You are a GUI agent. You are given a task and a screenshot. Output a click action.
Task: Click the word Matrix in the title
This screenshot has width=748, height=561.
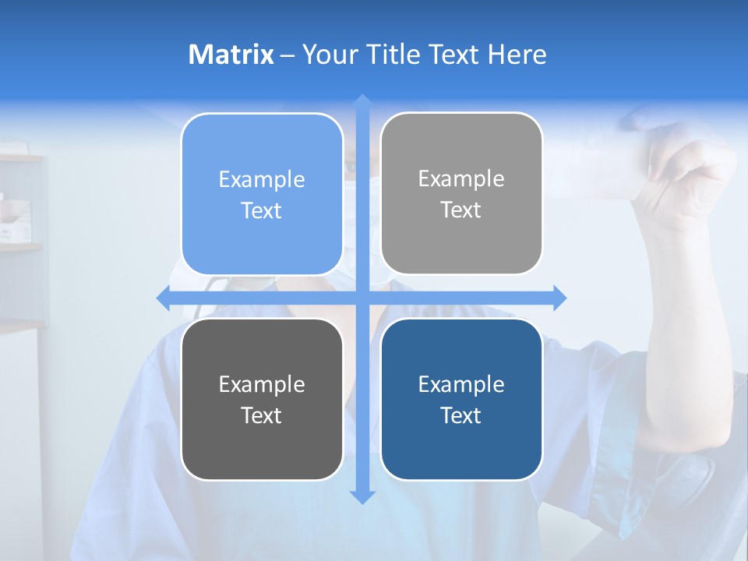coord(231,55)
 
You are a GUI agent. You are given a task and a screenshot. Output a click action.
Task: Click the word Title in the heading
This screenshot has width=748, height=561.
coord(391,55)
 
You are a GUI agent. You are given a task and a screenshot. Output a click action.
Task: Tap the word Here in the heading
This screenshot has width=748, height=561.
coord(517,55)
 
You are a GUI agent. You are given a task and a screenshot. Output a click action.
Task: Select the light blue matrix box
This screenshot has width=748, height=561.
coord(262,194)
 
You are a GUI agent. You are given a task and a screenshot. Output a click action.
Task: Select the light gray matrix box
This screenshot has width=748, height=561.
coord(461,193)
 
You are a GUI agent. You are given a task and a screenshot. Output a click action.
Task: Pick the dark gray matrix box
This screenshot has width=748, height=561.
coord(262,399)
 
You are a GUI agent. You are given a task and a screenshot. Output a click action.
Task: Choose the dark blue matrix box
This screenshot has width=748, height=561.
coord(461,399)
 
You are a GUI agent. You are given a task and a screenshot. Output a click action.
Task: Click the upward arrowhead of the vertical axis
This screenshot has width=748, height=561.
coord(362,102)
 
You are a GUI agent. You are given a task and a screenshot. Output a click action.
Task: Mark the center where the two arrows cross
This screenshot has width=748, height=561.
coord(362,298)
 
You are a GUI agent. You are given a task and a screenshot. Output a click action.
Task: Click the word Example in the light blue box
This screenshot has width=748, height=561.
coord(262,180)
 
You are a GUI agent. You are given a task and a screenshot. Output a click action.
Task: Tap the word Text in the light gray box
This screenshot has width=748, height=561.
coord(461,210)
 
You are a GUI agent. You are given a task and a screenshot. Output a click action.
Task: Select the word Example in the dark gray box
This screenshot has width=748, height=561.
coord(262,385)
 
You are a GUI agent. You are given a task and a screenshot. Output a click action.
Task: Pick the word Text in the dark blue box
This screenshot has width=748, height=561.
coord(461,415)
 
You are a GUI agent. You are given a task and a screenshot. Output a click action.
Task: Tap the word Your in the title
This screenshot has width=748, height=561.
coord(328,55)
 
